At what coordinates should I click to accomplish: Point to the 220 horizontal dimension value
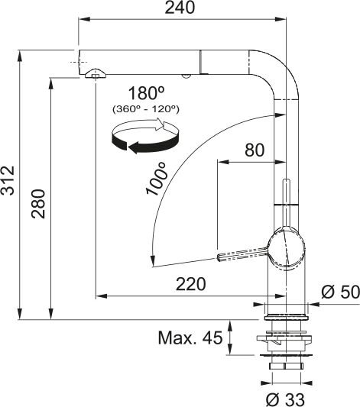click(190, 284)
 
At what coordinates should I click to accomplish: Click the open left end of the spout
click(79, 60)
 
